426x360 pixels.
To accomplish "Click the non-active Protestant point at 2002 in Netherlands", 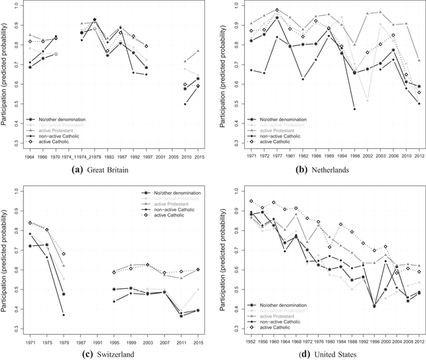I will (367, 100).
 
